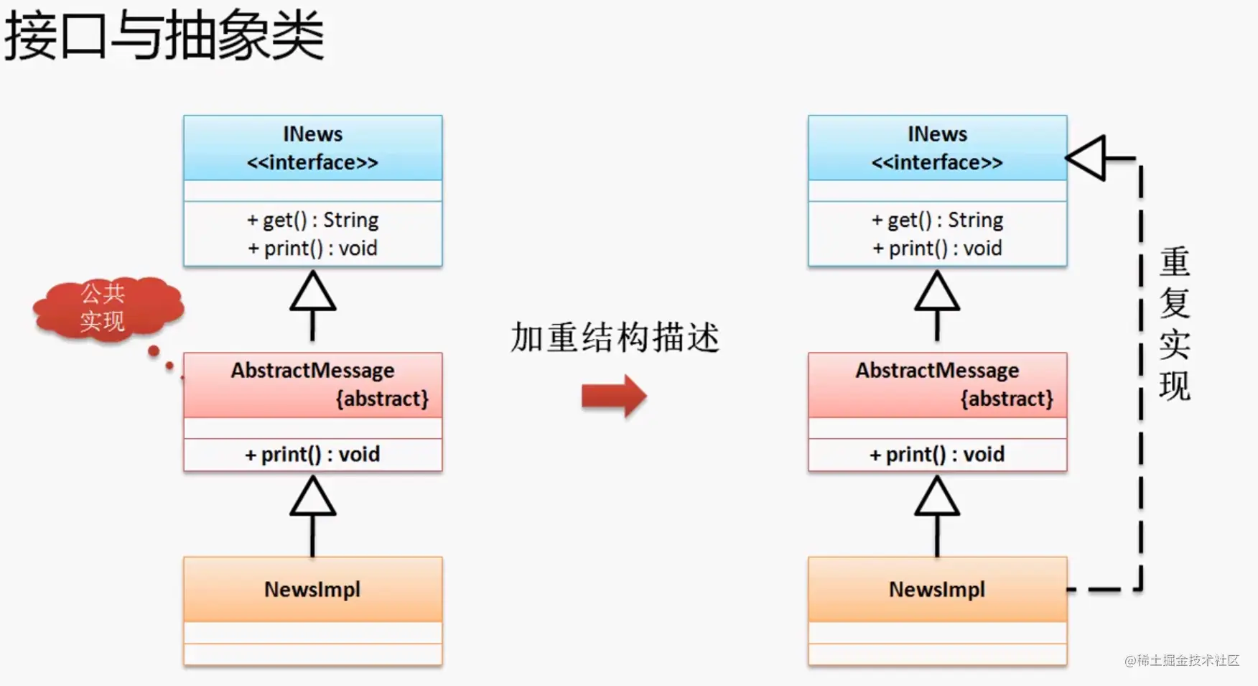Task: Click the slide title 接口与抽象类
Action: tap(164, 36)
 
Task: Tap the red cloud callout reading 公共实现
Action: tap(108, 307)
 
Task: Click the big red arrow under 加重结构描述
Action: tap(614, 395)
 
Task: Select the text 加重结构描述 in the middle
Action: tap(615, 338)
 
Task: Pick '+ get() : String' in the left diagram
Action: tap(312, 220)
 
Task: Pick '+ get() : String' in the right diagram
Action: tap(937, 220)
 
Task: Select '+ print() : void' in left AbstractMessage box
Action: tap(312, 454)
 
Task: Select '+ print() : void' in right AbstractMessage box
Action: tap(937, 454)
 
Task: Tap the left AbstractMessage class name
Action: tap(312, 370)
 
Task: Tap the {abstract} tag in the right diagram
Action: tap(1007, 399)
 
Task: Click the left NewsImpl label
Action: tap(312, 589)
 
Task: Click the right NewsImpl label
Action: tap(937, 589)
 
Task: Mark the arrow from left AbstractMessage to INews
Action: tap(312, 305)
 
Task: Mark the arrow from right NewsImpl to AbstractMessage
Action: tap(937, 516)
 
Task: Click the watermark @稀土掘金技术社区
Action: tap(1182, 660)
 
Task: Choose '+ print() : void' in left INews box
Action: tap(312, 249)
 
